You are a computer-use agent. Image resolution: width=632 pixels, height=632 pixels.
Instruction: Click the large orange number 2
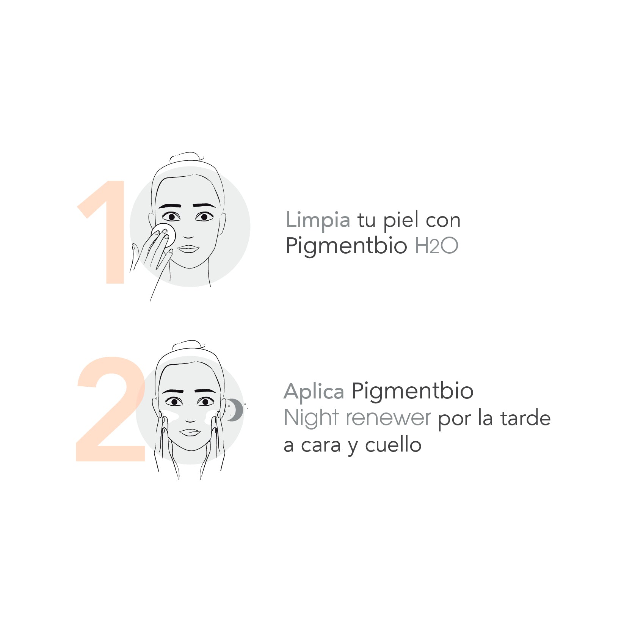click(111, 409)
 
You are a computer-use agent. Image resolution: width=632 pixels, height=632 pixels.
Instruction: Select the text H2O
click(437, 246)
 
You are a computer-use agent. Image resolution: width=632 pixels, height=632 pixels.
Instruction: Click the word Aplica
click(314, 391)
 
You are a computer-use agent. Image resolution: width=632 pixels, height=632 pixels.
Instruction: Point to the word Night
click(311, 418)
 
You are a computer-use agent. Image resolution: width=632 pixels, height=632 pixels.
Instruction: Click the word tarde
click(525, 418)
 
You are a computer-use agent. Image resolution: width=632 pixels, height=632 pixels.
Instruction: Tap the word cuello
click(393, 445)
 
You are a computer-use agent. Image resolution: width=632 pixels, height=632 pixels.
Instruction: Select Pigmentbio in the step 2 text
click(412, 392)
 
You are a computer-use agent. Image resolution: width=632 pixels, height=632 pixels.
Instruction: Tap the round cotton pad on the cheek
click(163, 235)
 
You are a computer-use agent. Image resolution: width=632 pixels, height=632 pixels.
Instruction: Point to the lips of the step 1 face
click(188, 249)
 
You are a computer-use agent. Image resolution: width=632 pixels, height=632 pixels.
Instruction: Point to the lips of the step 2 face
click(190, 433)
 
